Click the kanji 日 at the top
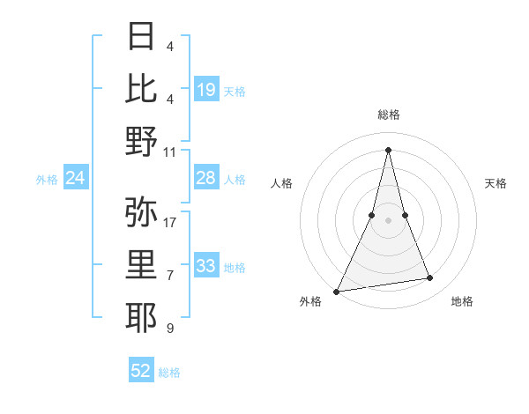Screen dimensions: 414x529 [142, 36]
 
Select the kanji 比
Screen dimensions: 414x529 [142, 88]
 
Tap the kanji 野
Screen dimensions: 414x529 [142, 141]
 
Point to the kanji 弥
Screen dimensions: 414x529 [142, 211]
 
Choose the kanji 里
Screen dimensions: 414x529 [142, 264]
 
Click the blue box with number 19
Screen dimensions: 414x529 [206, 90]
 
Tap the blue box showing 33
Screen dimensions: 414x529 [206, 266]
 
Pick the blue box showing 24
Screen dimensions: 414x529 [76, 179]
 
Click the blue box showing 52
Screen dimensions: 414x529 [141, 371]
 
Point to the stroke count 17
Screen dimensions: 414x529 [171, 222]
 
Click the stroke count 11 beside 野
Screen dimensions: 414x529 [171, 152]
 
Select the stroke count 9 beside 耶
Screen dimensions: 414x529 [169, 329]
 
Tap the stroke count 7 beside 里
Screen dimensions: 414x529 [169, 276]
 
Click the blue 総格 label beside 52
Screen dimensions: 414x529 [169, 373]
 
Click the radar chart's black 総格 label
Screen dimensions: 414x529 [389, 115]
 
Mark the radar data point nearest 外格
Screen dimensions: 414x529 [337, 291]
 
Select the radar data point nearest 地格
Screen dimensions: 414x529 [430, 278]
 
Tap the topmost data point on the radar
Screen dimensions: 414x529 [388, 149]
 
